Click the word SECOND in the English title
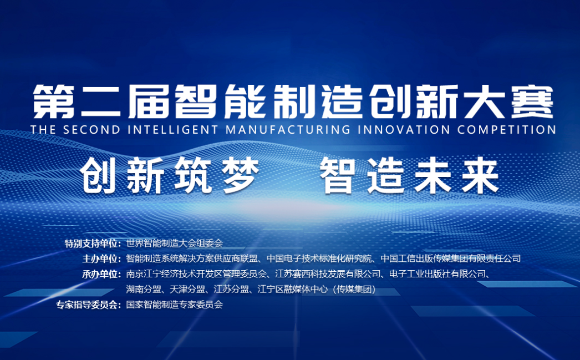coord(91,130)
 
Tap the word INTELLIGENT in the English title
coord(173,130)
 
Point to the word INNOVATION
coord(404,130)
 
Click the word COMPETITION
coord(507,130)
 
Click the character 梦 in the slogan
coord(240,175)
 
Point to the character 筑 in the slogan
coord(193,175)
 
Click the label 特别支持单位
coord(92,244)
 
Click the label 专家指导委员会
coord(88,305)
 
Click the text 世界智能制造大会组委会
coord(175,243)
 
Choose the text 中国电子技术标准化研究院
coord(319,258)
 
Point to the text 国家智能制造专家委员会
coord(175,305)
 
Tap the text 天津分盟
coord(187,289)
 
